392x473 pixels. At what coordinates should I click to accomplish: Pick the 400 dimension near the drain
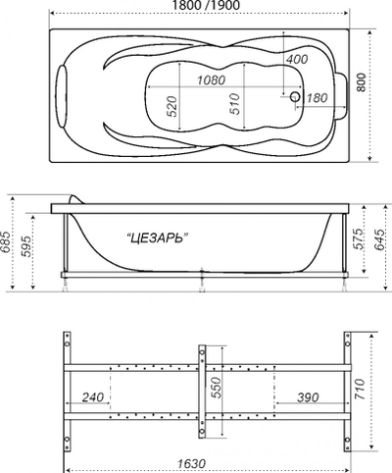[297, 59]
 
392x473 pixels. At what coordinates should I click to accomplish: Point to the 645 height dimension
[378, 242]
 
